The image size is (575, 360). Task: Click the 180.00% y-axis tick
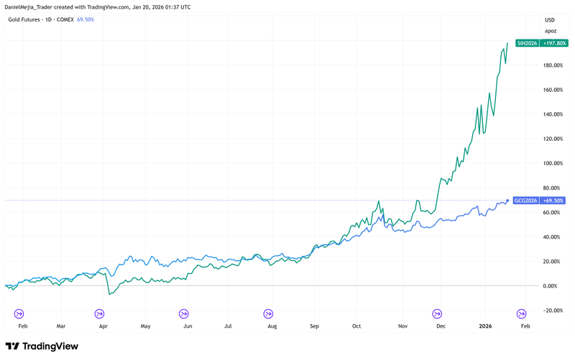point(553,66)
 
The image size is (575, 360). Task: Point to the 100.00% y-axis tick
point(553,164)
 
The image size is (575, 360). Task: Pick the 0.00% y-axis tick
point(551,286)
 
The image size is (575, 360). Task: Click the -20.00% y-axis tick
point(552,310)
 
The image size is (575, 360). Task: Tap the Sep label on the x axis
point(314,326)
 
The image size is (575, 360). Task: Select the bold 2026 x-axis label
point(487,326)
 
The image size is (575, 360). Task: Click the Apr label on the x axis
point(103,326)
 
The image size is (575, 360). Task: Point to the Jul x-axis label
point(228,326)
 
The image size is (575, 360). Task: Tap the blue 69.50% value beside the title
point(86,19)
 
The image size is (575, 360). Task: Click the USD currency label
point(550,19)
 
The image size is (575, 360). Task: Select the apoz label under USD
point(550,32)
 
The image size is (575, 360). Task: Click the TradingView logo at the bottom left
point(42,346)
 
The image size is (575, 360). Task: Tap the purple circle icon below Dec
point(436,313)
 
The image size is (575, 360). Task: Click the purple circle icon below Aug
point(268,313)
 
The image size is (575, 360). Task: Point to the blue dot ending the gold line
point(508,200)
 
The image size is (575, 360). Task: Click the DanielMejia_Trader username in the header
point(37,6)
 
